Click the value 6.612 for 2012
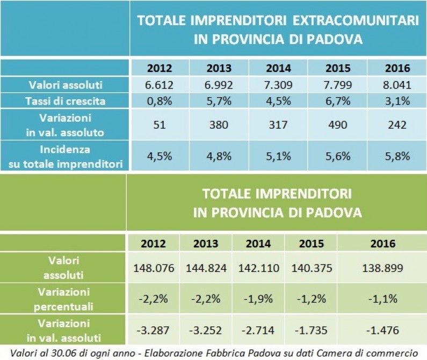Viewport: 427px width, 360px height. pyautogui.click(x=160, y=85)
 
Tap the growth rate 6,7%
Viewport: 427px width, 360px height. pyautogui.click(x=337, y=100)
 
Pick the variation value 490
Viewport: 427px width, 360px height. pyautogui.click(x=337, y=124)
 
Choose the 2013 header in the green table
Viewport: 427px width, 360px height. pyautogui.click(x=206, y=243)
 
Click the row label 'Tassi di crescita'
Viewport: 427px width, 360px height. pyautogui.click(x=66, y=100)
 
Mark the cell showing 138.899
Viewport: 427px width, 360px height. pyautogui.click(x=383, y=268)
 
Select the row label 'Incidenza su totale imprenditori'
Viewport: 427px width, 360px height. pyautogui.click(x=66, y=156)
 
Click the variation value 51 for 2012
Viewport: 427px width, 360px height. pyautogui.click(x=160, y=124)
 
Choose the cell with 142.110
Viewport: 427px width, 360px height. pyautogui.click(x=258, y=268)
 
